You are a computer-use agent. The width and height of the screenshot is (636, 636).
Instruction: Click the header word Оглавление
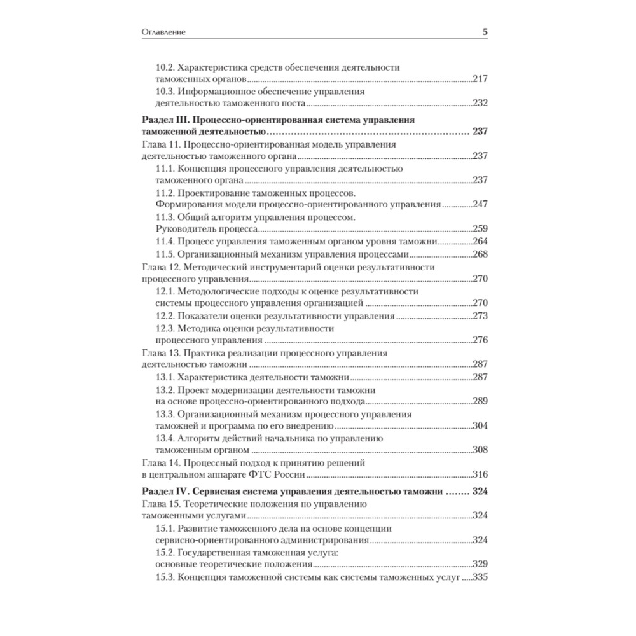tap(167, 31)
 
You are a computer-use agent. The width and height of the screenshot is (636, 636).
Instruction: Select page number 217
tap(480, 79)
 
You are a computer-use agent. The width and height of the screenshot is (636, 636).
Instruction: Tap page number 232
tap(480, 103)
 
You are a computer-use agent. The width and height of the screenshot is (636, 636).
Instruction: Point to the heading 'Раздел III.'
tap(164, 120)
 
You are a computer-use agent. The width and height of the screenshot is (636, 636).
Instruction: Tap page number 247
tap(480, 205)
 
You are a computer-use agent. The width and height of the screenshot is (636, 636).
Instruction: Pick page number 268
tap(480, 254)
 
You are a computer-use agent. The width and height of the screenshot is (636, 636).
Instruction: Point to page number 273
tap(480, 315)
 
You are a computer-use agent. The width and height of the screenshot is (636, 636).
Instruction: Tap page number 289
tap(480, 401)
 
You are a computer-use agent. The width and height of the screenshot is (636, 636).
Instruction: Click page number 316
tap(480, 474)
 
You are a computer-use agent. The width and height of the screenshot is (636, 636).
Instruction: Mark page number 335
tap(480, 577)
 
